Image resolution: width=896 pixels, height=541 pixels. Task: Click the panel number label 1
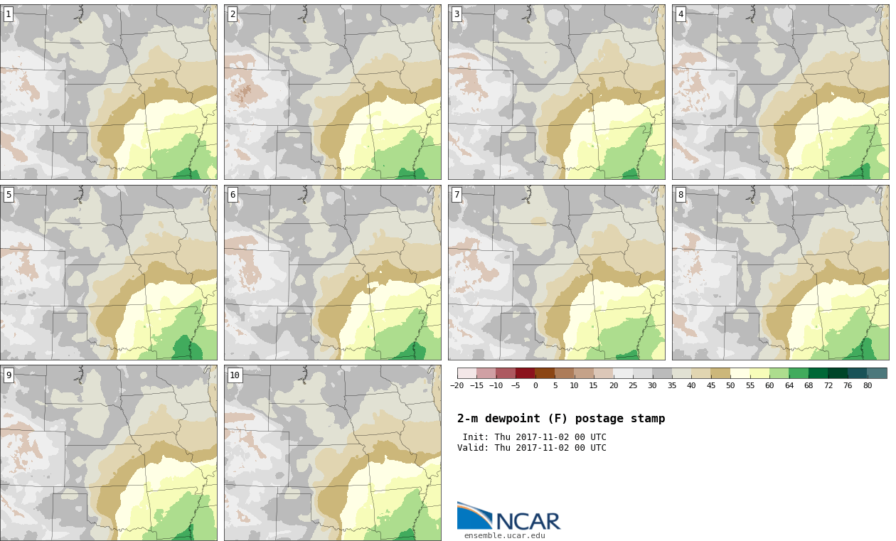coord(9,15)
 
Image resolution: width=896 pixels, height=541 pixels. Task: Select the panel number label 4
coord(681,15)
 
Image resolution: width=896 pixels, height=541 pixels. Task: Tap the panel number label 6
coord(233,195)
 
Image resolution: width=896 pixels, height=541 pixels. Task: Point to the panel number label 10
coord(235,375)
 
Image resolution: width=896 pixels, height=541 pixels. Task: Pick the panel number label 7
coord(457,195)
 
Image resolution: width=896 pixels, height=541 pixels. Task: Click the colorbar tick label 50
coord(730,386)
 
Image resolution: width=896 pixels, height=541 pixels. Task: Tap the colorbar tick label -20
coord(457,386)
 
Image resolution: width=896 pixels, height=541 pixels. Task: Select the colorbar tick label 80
coord(868,386)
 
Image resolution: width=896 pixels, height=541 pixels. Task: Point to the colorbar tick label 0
coord(535,386)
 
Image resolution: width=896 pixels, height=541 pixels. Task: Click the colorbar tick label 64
coord(789,386)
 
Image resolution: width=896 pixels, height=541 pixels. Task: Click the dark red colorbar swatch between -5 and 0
coord(526,373)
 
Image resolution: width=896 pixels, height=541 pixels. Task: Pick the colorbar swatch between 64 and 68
coord(799,373)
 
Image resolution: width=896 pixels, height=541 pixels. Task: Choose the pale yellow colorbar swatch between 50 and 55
coord(740,373)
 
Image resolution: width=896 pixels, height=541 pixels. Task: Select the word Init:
coord(476,437)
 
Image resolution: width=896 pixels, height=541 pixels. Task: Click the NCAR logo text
coord(528,521)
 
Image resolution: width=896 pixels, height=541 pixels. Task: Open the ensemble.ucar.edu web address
coord(504,536)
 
